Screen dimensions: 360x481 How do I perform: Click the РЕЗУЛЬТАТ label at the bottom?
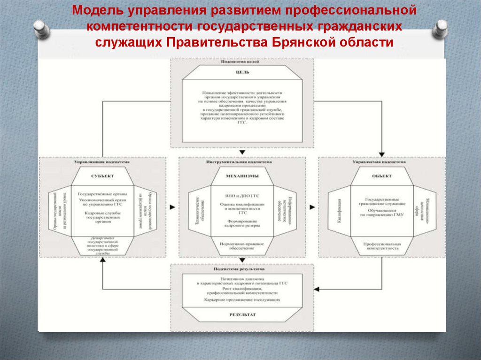(x=242, y=315)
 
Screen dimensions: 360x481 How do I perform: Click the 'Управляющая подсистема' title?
(x=102, y=161)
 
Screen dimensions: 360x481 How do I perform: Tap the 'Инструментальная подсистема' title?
(x=242, y=161)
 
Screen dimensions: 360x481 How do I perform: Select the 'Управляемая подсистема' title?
(x=382, y=161)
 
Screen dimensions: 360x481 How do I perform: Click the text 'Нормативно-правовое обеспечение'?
(x=242, y=245)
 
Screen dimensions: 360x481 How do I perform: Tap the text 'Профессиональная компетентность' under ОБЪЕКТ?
(x=382, y=245)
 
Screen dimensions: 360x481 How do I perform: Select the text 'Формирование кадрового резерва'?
(x=242, y=223)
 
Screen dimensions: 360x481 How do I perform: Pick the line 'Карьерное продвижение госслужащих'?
(x=242, y=299)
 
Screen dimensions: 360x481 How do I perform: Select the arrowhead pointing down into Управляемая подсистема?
(x=382, y=153)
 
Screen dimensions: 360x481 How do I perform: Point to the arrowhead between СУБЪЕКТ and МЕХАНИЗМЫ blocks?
(x=172, y=207)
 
